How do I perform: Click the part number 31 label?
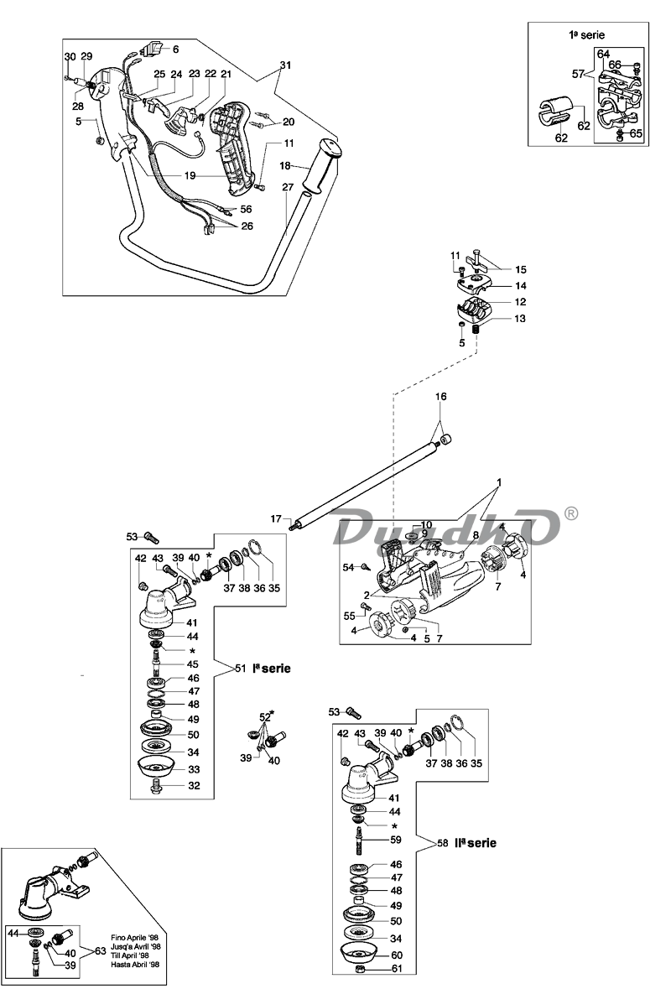(x=286, y=65)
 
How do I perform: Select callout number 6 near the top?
(x=175, y=49)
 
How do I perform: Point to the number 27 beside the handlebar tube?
(x=288, y=187)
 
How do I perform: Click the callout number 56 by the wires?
(x=246, y=210)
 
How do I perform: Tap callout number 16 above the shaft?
(x=441, y=397)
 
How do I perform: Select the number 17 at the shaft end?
(x=276, y=518)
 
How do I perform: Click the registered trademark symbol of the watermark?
(x=570, y=514)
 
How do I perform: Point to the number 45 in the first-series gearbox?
(x=192, y=664)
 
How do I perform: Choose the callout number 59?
(x=395, y=840)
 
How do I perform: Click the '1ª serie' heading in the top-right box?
(x=586, y=35)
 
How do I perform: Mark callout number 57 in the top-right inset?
(x=578, y=74)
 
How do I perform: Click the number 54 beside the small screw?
(x=349, y=568)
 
